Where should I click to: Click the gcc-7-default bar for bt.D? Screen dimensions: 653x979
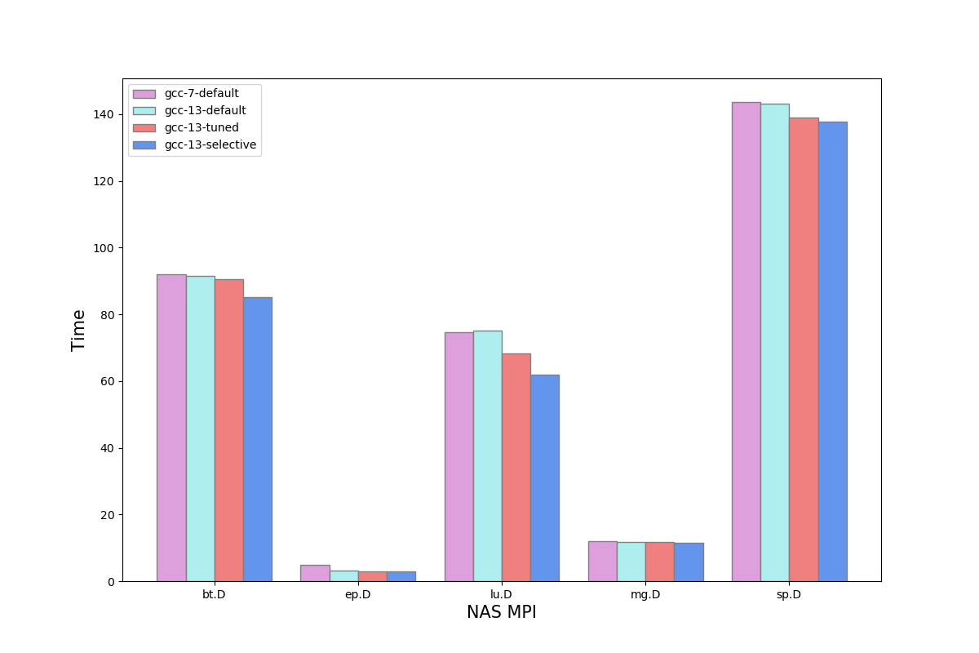point(171,428)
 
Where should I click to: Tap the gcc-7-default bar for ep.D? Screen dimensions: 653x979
point(315,573)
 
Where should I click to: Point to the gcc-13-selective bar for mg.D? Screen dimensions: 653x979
point(689,562)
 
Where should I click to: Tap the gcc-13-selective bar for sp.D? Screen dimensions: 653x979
point(832,351)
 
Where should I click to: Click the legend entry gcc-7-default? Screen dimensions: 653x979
point(202,94)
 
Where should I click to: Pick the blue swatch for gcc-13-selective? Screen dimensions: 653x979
point(144,145)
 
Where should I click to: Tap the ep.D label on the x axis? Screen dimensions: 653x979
point(358,594)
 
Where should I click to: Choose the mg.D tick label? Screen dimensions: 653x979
point(645,594)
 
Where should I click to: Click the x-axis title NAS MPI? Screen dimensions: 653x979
point(502,612)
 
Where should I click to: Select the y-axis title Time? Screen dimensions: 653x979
point(79,330)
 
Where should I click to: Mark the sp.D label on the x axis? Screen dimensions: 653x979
point(789,594)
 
